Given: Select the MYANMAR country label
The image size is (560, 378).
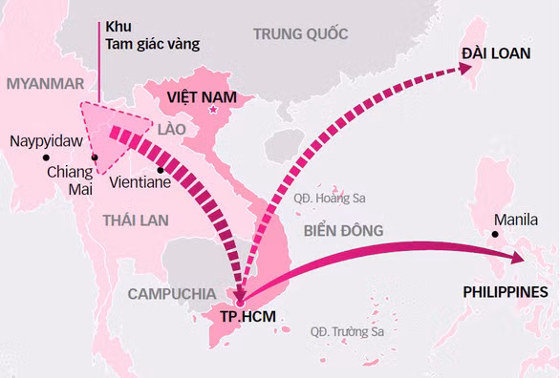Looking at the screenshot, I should click(45, 84).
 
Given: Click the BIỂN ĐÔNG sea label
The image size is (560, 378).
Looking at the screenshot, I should click(343, 230).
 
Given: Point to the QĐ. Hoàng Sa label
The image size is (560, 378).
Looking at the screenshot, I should click(330, 199).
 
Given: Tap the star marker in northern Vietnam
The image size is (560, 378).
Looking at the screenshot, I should click(213, 112).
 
